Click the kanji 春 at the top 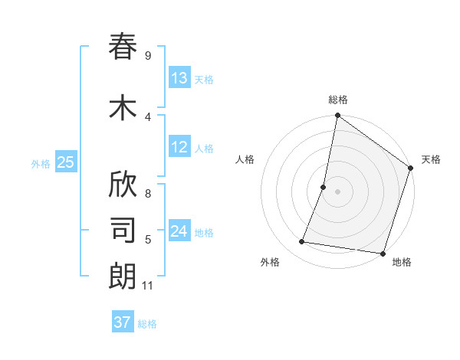123,47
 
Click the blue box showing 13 179,78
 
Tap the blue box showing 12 179,147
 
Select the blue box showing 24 179,231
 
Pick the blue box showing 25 65,162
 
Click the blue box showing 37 123,322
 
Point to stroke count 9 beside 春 147,56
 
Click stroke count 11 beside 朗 149,286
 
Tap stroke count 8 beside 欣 147,185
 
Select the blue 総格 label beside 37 147,323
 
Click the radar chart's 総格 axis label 338,100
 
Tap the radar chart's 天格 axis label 431,159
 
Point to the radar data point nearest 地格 383,254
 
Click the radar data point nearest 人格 324,187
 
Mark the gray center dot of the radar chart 337,191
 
